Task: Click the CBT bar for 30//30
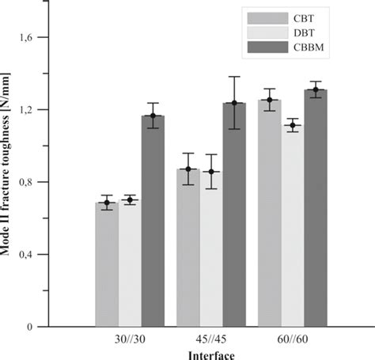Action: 107,264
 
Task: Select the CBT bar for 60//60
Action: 270,213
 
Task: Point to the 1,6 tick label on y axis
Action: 41,37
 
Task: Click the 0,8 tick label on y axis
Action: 41,182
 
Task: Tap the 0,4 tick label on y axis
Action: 41,254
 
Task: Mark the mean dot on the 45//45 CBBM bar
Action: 234,103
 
